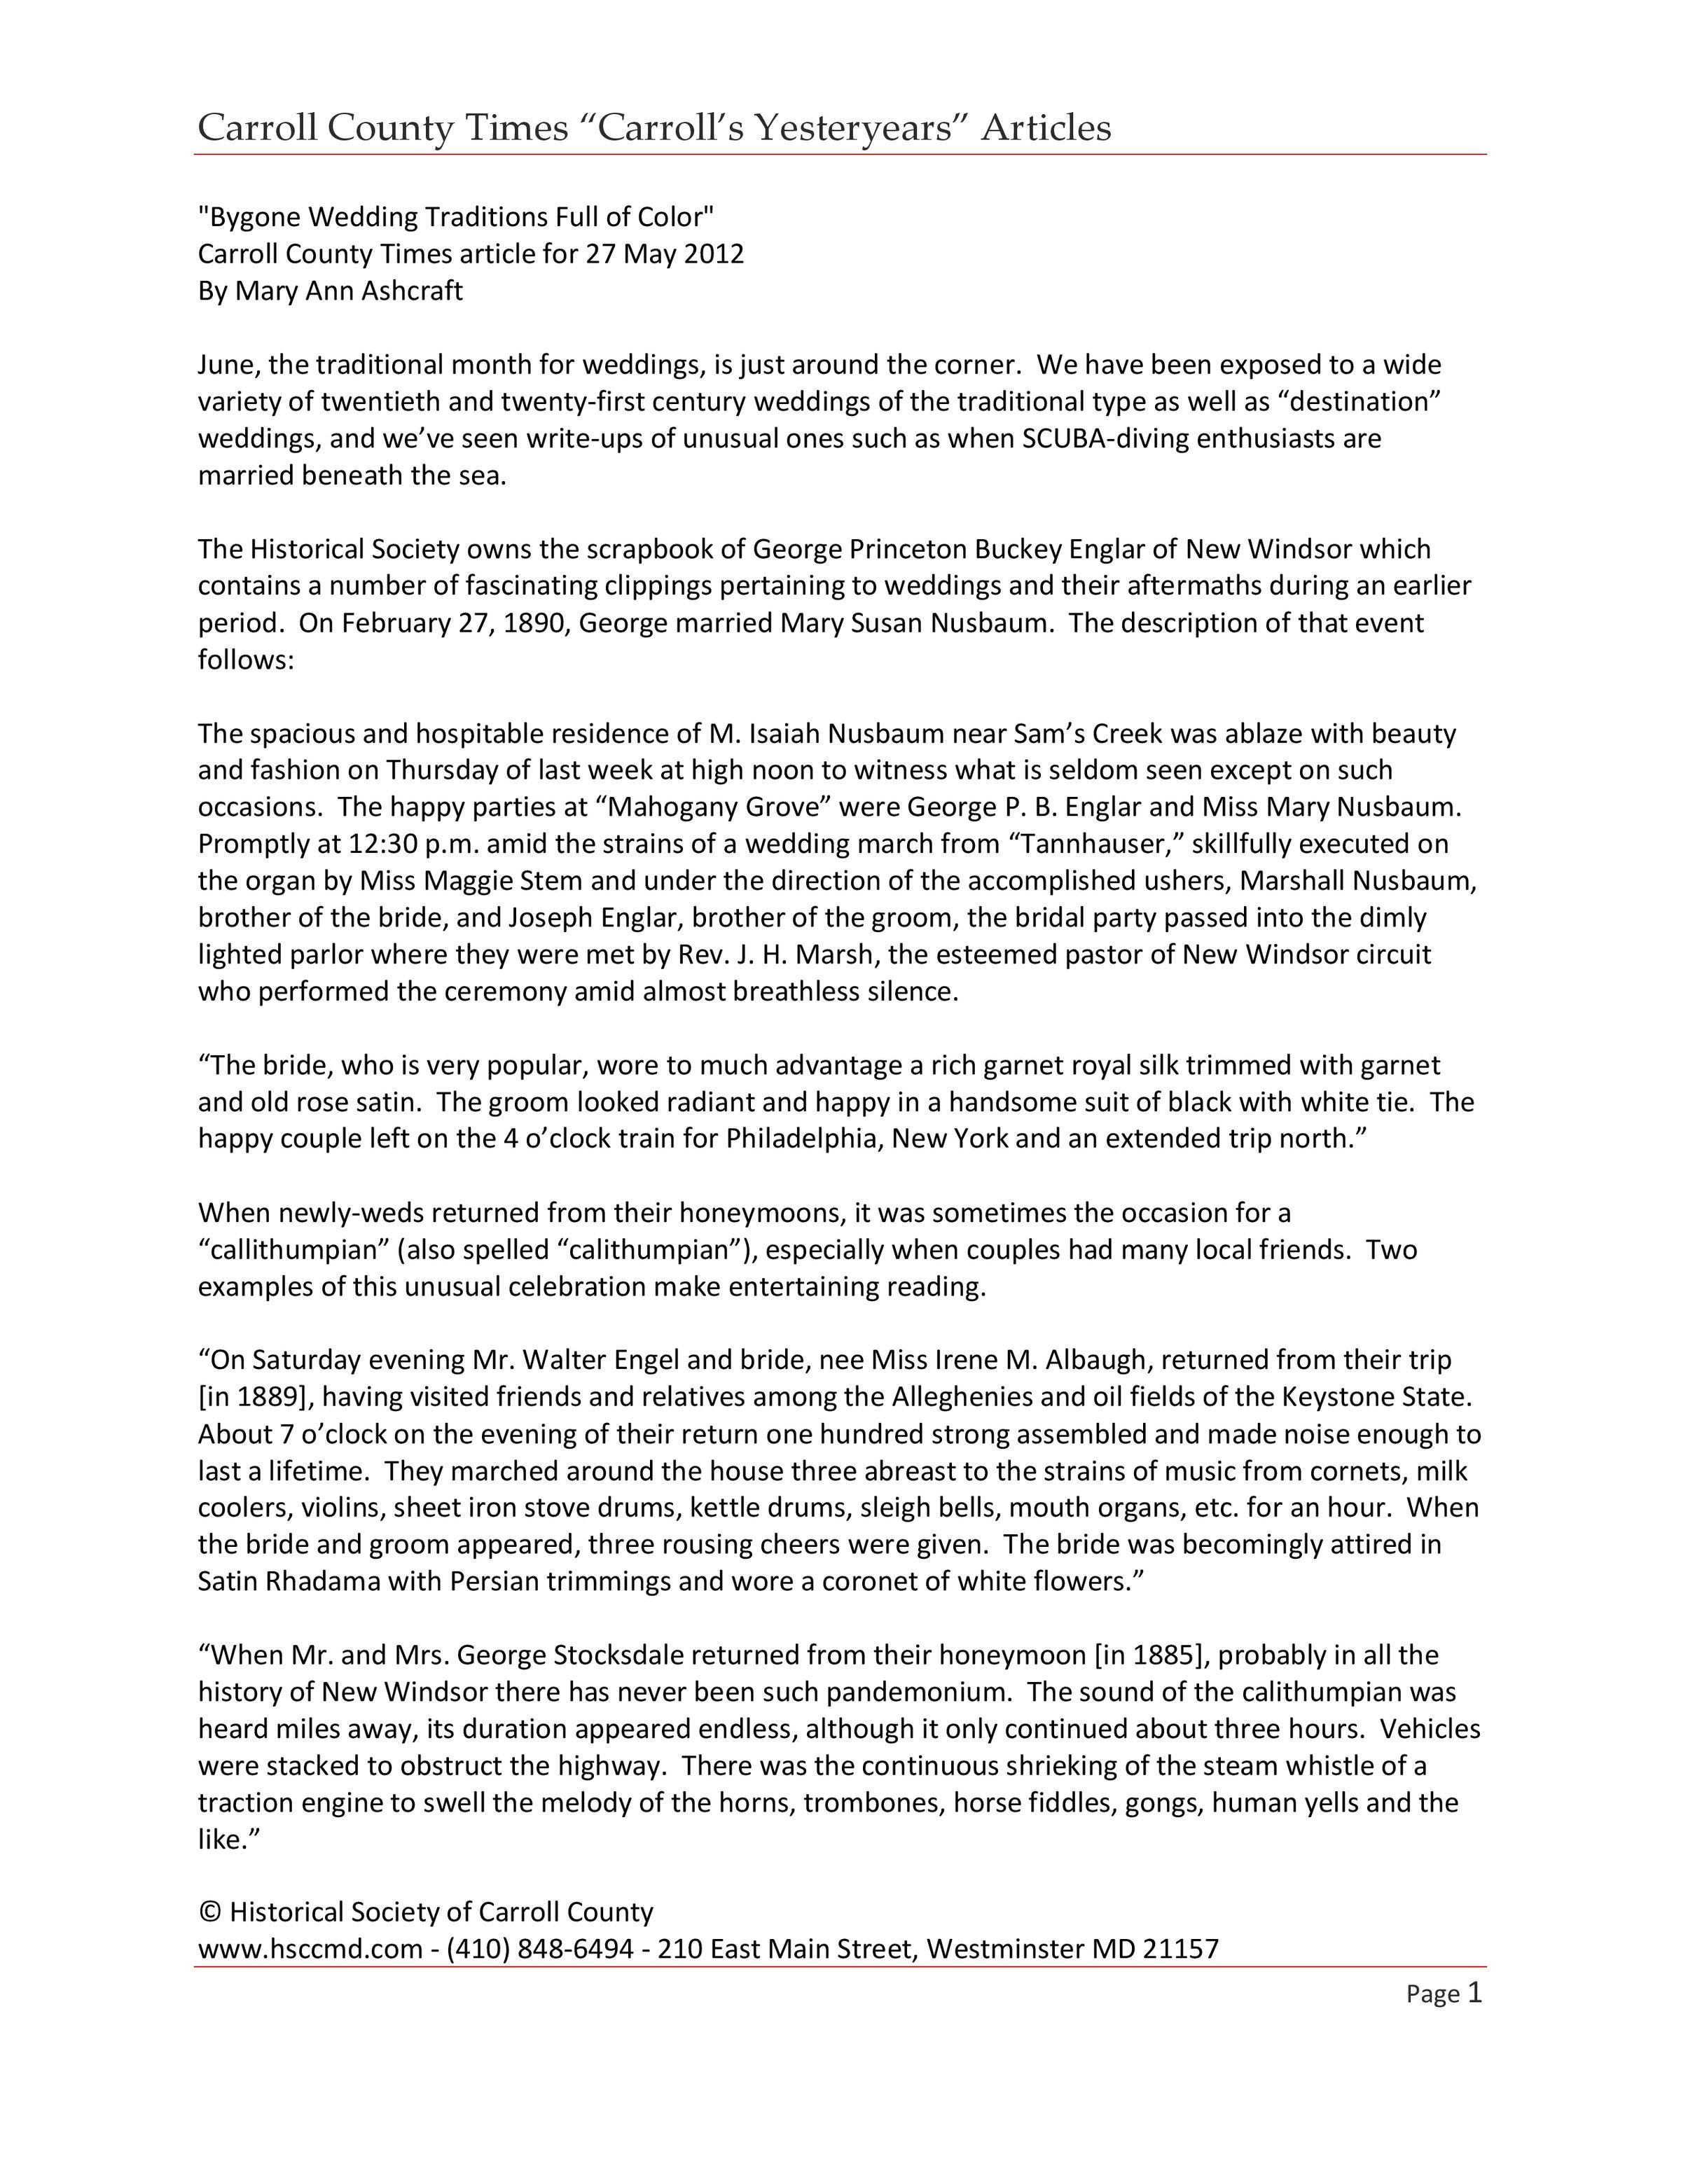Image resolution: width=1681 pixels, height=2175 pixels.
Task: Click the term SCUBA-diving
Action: [1105, 438]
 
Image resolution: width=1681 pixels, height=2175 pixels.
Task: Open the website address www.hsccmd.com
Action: [311, 1949]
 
